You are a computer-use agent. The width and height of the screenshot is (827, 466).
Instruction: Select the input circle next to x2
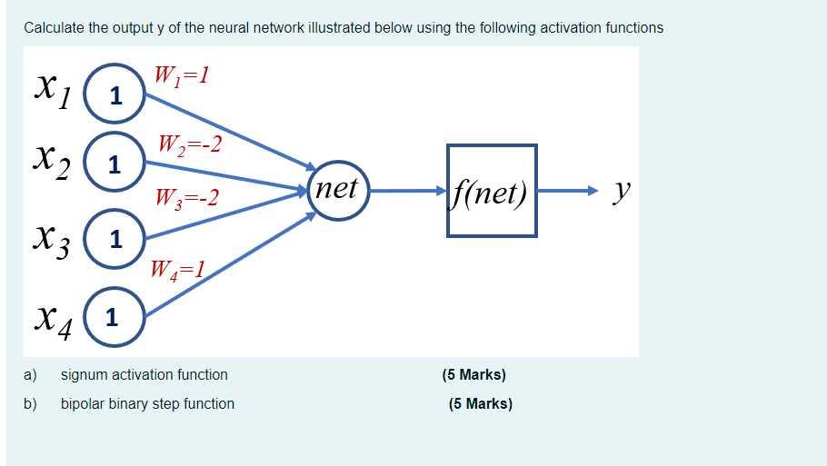coord(115,165)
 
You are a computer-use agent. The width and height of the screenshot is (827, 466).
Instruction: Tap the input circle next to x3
coord(115,240)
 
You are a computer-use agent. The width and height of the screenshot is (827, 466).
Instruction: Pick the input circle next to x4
coord(113,317)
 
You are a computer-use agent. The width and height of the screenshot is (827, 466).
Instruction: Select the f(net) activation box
coord(492,191)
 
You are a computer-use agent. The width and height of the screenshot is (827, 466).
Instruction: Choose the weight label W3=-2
coord(187,196)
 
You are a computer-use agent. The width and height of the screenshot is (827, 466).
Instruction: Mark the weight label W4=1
coord(178,268)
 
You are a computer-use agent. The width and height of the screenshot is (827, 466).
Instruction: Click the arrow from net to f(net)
coord(407,192)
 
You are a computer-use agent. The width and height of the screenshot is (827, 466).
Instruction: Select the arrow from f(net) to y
coord(568,192)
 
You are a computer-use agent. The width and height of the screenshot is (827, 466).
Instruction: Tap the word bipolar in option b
coord(83,403)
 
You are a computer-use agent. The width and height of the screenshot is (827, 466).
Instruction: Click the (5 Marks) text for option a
coord(473,374)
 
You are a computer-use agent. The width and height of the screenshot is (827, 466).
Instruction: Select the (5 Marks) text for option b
coord(480,403)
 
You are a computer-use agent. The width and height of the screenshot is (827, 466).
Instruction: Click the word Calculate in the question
coord(54,27)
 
